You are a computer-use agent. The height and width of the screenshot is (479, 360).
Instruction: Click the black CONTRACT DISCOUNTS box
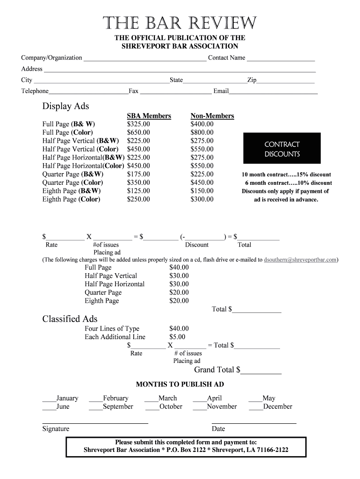282,149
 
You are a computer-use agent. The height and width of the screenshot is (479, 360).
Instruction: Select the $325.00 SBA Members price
138,124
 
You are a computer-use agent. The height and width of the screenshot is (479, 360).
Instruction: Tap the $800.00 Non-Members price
202,132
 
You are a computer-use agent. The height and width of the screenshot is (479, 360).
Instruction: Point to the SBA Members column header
149,116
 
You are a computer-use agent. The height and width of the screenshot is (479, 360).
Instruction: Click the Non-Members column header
212,116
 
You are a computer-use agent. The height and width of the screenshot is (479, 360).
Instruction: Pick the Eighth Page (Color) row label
71,199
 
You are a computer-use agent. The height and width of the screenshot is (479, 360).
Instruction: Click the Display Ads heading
65,106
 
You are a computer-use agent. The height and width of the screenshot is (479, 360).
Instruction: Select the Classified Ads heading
70,319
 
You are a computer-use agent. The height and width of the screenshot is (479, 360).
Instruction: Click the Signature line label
56,429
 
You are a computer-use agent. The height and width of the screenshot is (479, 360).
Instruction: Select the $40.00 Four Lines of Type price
179,328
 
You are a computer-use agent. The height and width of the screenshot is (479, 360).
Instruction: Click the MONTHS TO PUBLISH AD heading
180,385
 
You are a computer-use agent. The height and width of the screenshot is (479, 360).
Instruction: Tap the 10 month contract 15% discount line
286,174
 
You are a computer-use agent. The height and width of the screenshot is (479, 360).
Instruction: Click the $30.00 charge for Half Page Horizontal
179,284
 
